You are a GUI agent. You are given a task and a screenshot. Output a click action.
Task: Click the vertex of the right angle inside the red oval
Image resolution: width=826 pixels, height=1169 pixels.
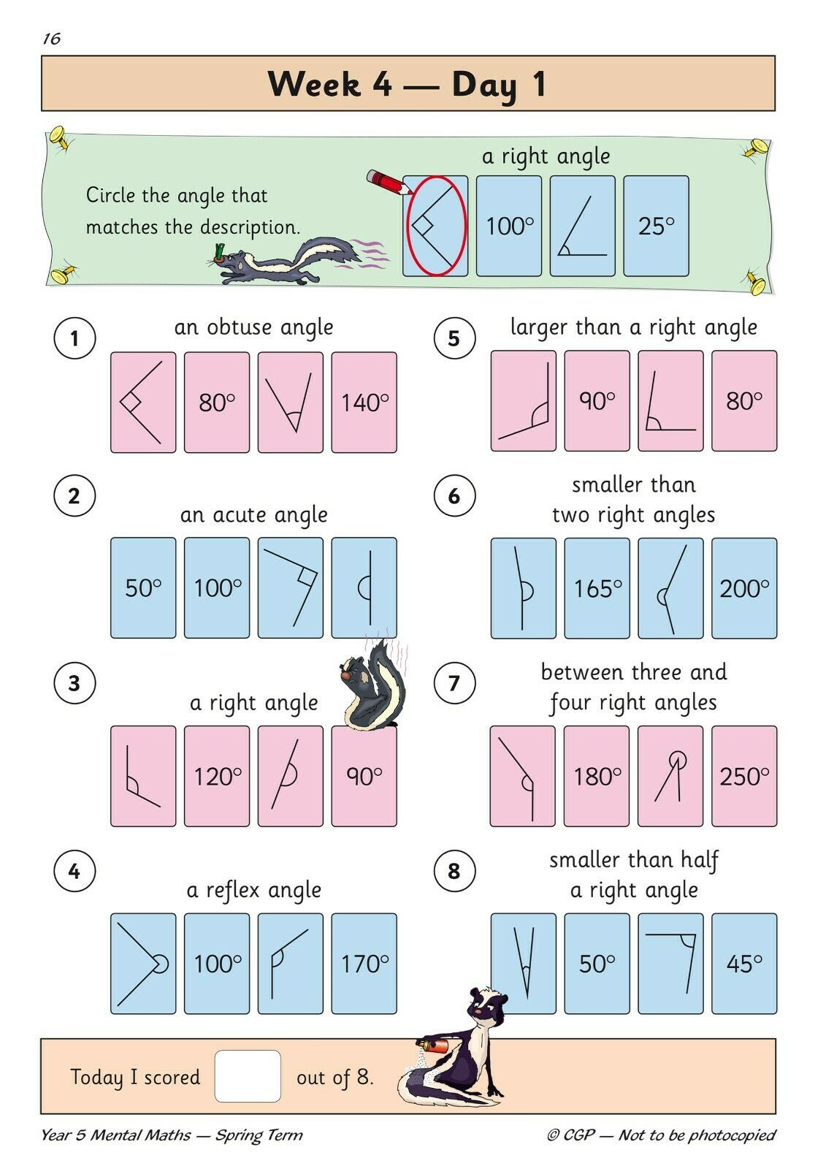pyautogui.click(x=412, y=226)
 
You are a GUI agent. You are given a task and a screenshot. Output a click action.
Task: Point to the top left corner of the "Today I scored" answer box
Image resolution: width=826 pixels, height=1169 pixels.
pyautogui.click(x=215, y=1051)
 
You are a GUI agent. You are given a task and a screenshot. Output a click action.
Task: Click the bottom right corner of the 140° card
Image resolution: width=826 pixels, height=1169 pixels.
pyautogui.click(x=397, y=452)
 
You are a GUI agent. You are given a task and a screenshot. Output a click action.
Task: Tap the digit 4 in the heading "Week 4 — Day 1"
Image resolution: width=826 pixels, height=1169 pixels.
pyautogui.click(x=382, y=85)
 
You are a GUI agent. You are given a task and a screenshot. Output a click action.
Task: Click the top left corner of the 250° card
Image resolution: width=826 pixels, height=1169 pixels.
pyautogui.click(x=712, y=726)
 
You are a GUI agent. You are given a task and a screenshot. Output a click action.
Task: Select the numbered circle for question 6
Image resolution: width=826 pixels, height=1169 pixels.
pyautogui.click(x=454, y=495)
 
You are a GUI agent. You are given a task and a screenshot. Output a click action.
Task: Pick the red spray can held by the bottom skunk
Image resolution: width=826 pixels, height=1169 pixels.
pyautogui.click(x=432, y=1045)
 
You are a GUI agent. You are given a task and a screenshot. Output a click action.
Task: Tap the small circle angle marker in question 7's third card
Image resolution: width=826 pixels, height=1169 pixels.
pyautogui.click(x=678, y=758)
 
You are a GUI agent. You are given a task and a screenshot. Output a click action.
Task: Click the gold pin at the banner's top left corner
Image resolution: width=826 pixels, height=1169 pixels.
pyautogui.click(x=60, y=137)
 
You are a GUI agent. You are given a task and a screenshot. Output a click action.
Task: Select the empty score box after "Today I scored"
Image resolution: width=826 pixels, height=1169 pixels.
pyautogui.click(x=248, y=1076)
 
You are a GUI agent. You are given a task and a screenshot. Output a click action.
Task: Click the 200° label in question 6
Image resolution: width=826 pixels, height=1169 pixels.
pyautogui.click(x=744, y=589)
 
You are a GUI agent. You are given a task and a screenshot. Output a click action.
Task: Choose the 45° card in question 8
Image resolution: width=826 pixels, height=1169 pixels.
pyautogui.click(x=744, y=964)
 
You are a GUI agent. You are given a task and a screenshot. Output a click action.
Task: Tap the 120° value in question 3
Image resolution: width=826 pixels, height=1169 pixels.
pyautogui.click(x=218, y=777)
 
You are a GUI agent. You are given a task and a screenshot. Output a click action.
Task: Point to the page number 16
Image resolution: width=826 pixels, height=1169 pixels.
pyautogui.click(x=52, y=39)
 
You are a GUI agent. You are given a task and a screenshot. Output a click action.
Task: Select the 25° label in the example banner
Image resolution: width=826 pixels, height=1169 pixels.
pyautogui.click(x=656, y=226)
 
